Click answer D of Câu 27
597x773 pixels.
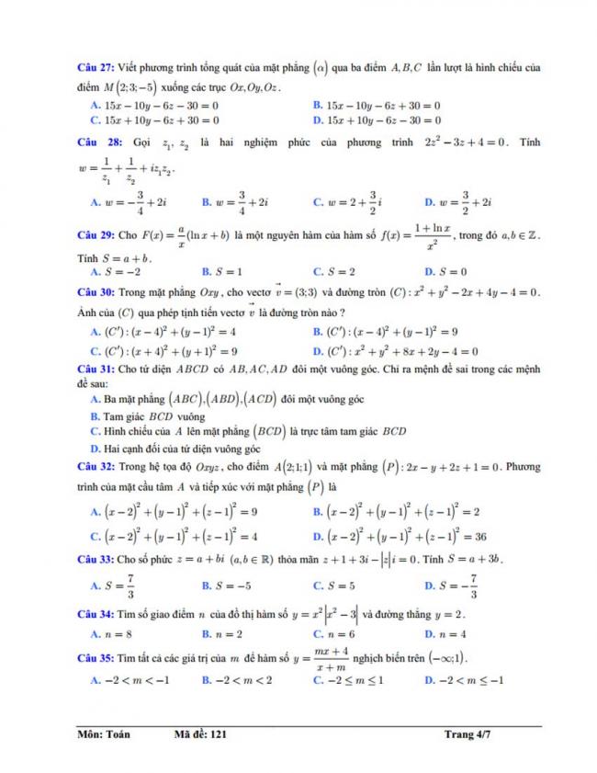[377, 119]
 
